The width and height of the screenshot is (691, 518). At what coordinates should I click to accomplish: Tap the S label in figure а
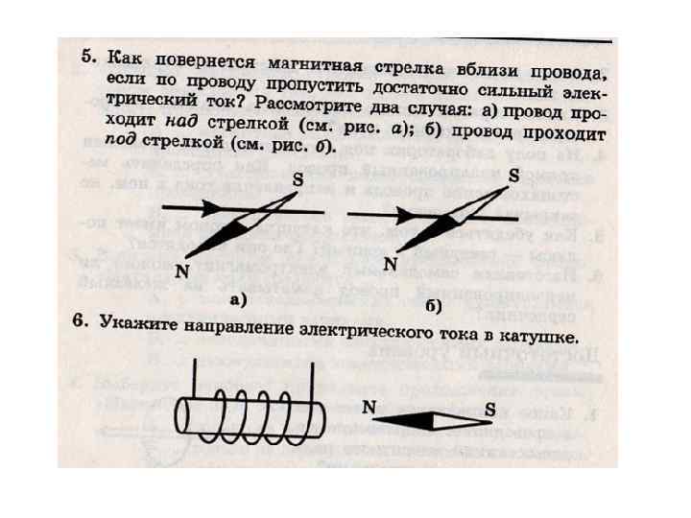[297, 178]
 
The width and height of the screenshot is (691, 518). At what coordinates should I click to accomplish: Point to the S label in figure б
[513, 177]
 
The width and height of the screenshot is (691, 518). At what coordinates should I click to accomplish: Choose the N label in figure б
[391, 263]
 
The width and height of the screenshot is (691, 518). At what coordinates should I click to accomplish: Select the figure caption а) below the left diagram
[238, 299]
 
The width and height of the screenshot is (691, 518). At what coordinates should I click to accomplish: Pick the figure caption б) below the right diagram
[433, 306]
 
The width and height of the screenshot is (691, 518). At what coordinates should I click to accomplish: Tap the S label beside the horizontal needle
[489, 410]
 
